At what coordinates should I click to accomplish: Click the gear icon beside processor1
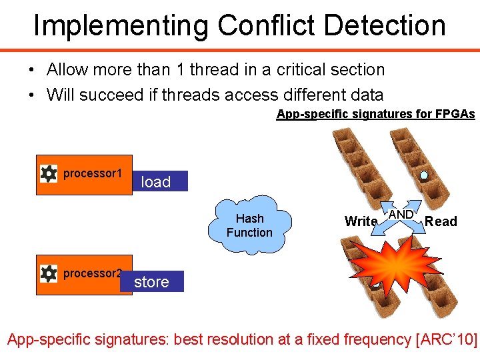49,174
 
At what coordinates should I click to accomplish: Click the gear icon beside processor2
49,273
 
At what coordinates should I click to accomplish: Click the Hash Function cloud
249,225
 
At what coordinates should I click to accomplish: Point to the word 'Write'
361,221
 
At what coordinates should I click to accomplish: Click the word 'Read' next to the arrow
441,221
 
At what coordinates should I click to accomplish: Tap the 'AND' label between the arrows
401,215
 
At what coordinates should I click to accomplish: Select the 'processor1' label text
93,173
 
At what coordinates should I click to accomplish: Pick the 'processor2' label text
93,273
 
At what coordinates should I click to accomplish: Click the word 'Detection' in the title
381,25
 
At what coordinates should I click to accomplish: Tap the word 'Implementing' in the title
121,25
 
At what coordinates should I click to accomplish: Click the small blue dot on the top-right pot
424,176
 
